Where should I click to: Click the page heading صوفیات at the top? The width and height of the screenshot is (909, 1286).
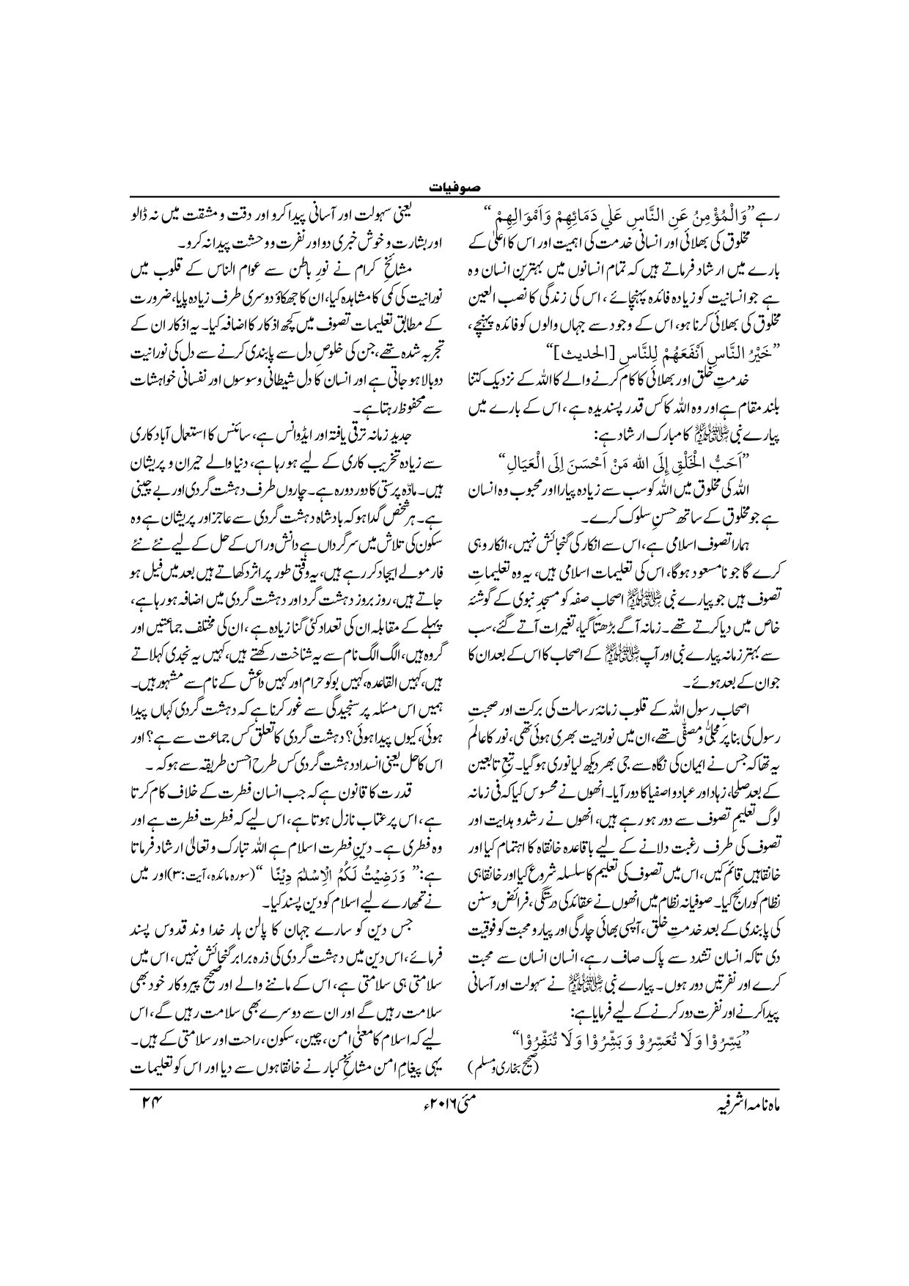(454, 188)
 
